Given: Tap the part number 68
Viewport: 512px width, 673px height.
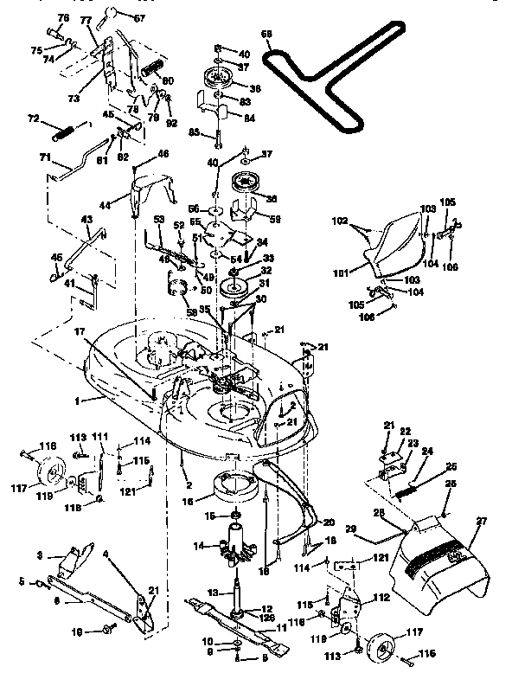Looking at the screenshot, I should tap(267, 35).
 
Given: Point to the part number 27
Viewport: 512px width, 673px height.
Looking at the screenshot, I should tap(481, 521).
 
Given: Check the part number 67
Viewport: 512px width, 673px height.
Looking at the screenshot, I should tap(139, 17).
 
